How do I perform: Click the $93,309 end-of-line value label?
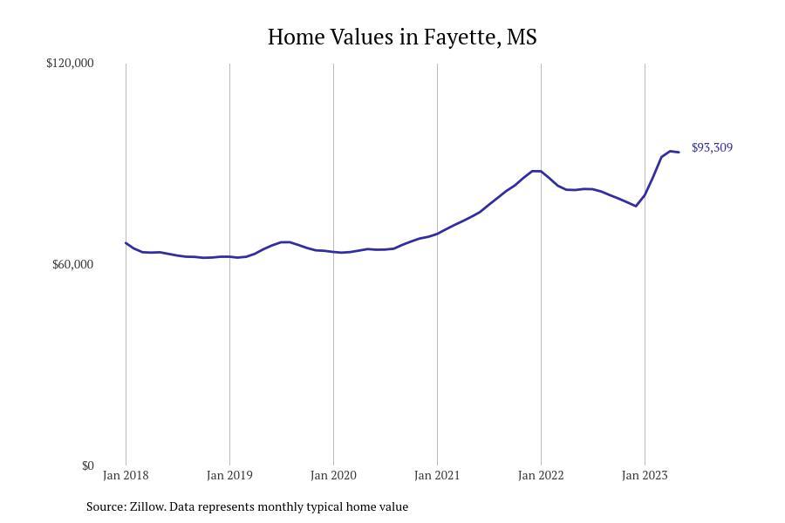pos(712,147)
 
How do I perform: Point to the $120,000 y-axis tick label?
pos(70,63)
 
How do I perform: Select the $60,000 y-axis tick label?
pos(73,264)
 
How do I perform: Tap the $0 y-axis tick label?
pos(87,466)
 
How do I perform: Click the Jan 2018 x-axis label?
pos(126,475)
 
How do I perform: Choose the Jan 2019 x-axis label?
pos(229,475)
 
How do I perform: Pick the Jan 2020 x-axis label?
pos(333,475)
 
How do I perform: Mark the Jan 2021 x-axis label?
pos(437,475)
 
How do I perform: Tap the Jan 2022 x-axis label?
pos(541,475)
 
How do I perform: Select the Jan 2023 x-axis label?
pos(645,475)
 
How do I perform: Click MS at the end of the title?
pos(522,37)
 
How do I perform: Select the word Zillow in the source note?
pos(147,506)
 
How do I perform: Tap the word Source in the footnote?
pos(106,506)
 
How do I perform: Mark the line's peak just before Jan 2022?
pos(536,171)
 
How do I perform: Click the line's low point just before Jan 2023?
pos(636,206)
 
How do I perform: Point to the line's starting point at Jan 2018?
pos(126,242)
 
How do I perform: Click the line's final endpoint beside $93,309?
pos(679,153)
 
